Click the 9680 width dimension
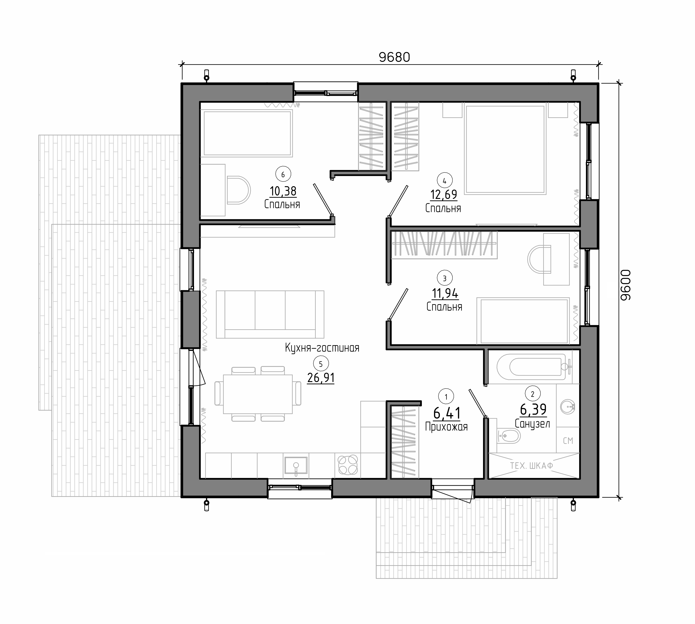click(x=394, y=57)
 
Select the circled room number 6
click(x=283, y=175)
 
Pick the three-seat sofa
click(x=270, y=314)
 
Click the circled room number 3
click(x=445, y=278)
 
